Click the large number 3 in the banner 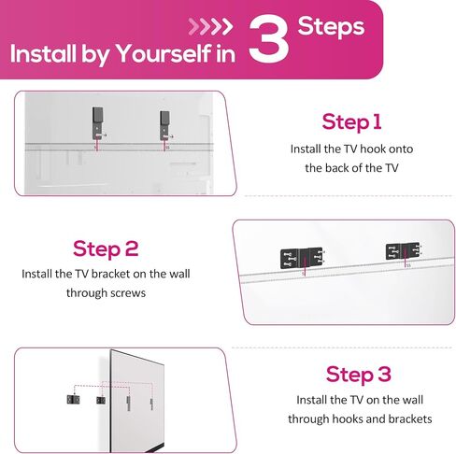pyautogui.click(x=268, y=38)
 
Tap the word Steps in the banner pyautogui.click(x=331, y=27)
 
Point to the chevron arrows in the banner pyautogui.click(x=210, y=27)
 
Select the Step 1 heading pyautogui.click(x=351, y=121)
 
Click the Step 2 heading pyautogui.click(x=106, y=248)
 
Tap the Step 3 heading pyautogui.click(x=359, y=374)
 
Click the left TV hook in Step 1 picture pyautogui.click(x=97, y=123)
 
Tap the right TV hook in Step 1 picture pyautogui.click(x=164, y=125)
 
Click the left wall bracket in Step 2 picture pyautogui.click(x=302, y=258)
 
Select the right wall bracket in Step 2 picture pyautogui.click(x=403, y=251)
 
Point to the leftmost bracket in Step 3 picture pyautogui.click(x=73, y=400)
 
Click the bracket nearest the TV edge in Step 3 pyautogui.click(x=101, y=400)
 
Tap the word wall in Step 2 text pyautogui.click(x=179, y=274)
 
